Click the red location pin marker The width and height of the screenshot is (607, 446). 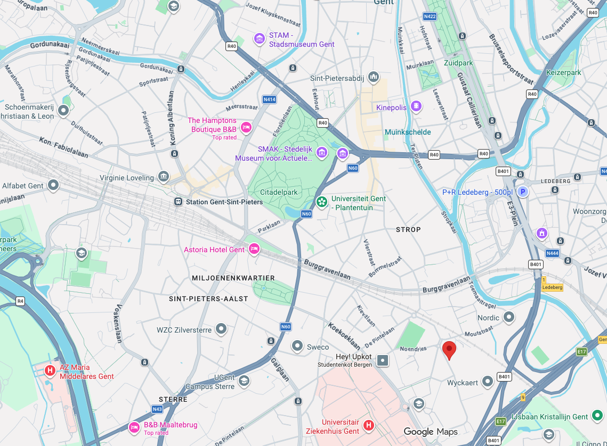[450, 350]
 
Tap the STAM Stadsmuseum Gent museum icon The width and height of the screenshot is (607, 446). [260, 39]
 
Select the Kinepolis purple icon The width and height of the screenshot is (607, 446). [416, 107]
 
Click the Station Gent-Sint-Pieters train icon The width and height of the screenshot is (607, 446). [179, 202]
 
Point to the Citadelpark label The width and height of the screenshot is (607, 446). [278, 192]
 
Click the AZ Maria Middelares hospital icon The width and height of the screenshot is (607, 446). [51, 370]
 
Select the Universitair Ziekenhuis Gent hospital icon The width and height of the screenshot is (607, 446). [368, 425]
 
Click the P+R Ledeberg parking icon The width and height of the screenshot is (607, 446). [523, 192]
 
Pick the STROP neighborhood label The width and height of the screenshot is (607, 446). [408, 229]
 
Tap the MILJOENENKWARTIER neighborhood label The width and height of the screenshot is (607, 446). [233, 278]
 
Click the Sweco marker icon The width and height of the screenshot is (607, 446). [297, 346]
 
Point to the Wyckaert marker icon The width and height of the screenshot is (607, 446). [487, 382]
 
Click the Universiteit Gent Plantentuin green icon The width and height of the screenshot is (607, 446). [321, 202]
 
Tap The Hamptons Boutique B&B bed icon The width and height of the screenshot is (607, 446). [246, 127]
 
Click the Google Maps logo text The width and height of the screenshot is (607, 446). [430, 432]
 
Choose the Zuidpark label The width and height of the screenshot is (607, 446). [458, 63]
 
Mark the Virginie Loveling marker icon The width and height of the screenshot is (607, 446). [164, 176]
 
